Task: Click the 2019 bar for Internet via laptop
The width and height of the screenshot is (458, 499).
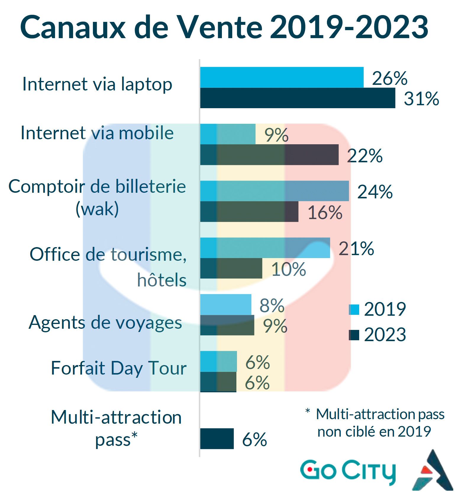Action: click(x=282, y=77)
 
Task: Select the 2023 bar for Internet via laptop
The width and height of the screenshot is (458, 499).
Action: click(x=298, y=98)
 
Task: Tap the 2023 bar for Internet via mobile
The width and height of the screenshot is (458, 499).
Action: click(x=269, y=155)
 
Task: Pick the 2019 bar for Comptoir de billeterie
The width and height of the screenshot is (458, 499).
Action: click(x=274, y=191)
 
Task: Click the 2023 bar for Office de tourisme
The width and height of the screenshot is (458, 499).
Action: click(x=231, y=268)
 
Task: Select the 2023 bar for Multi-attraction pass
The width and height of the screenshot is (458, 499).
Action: click(x=217, y=438)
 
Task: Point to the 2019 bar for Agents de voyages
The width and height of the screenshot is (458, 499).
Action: click(x=226, y=304)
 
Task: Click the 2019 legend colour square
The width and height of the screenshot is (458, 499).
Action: click(x=354, y=310)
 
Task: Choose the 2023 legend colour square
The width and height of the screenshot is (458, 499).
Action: click(x=354, y=335)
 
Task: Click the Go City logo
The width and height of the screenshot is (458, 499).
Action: click(x=348, y=471)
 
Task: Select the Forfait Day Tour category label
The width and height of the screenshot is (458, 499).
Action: click(x=119, y=368)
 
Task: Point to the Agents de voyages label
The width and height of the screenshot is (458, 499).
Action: click(x=105, y=322)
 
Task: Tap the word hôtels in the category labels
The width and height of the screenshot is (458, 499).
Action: click(x=162, y=280)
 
